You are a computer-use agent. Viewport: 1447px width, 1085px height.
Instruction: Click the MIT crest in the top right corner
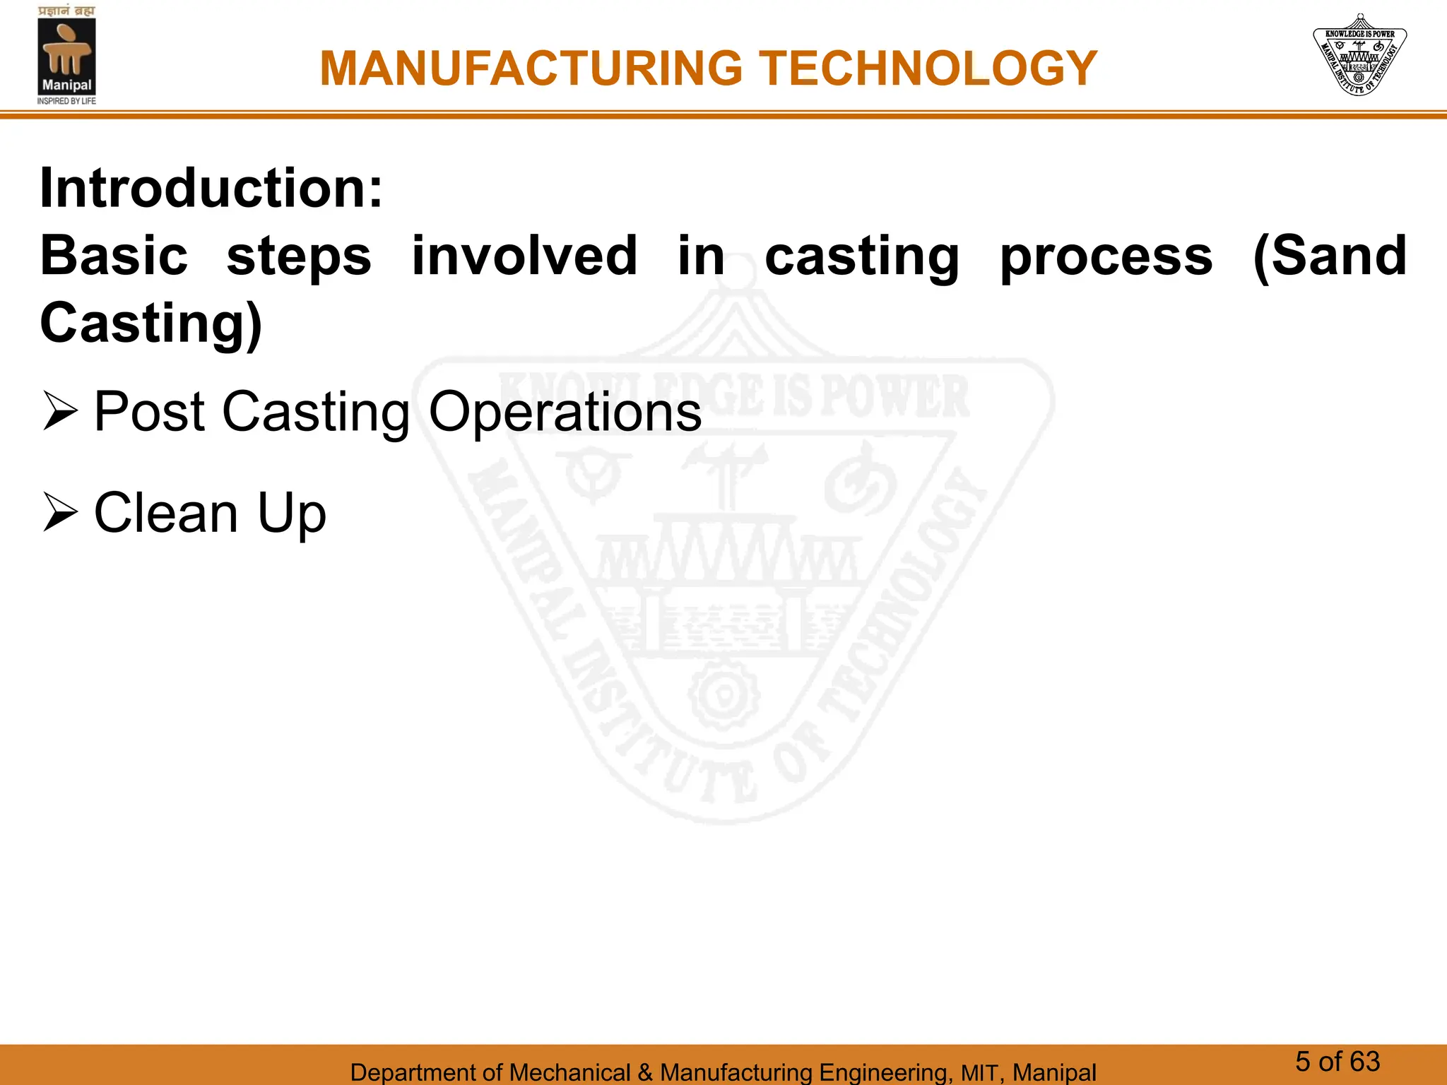(1359, 56)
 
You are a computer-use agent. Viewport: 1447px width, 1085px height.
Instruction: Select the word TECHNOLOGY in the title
(928, 69)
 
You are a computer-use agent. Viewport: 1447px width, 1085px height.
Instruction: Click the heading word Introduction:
(211, 189)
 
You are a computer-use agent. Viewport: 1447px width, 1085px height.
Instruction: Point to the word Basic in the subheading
(114, 256)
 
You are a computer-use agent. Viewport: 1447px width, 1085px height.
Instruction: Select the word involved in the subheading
(524, 256)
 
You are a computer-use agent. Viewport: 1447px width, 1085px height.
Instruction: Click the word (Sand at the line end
(1329, 256)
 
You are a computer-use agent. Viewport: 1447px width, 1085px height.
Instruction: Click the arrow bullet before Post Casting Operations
(60, 412)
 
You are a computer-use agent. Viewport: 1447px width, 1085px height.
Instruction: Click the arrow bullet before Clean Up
(60, 513)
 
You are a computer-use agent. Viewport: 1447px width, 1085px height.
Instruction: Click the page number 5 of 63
(1337, 1062)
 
